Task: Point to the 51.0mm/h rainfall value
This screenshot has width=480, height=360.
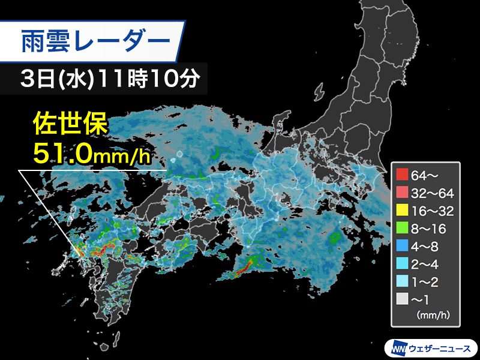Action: click(x=89, y=154)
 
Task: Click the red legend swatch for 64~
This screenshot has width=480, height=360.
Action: click(x=402, y=176)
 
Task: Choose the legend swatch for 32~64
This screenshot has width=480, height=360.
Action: click(x=402, y=193)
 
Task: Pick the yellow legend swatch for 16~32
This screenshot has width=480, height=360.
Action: click(x=402, y=211)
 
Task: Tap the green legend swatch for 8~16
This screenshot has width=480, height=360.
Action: click(x=402, y=228)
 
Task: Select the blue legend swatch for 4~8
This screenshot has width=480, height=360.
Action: click(x=402, y=245)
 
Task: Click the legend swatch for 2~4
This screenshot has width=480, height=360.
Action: click(x=402, y=263)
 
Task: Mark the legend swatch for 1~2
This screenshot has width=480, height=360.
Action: click(x=402, y=280)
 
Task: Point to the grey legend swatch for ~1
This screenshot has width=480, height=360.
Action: click(x=402, y=298)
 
